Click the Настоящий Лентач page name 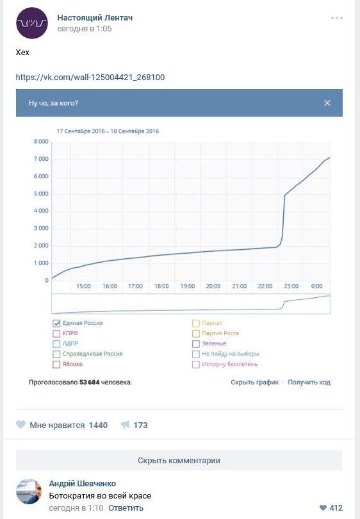pyautogui.click(x=95, y=17)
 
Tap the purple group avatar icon pyautogui.click(x=32, y=23)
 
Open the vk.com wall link pyautogui.click(x=90, y=78)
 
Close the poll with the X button pyautogui.click(x=327, y=103)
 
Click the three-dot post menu pyautogui.click(x=337, y=18)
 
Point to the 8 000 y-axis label pyautogui.click(x=41, y=142)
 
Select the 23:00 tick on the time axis pyautogui.click(x=291, y=286)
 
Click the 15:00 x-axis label pyautogui.click(x=83, y=286)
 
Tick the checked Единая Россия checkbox pyautogui.click(x=56, y=323)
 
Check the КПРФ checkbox pyautogui.click(x=56, y=333)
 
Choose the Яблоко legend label pyautogui.click(x=72, y=364)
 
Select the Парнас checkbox pyautogui.click(x=196, y=323)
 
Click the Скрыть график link pyautogui.click(x=255, y=383)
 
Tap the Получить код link pyautogui.click(x=309, y=383)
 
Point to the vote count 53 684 pyautogui.click(x=89, y=383)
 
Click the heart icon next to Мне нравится pyautogui.click(x=21, y=425)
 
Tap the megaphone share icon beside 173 pyautogui.click(x=125, y=425)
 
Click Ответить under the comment pyautogui.click(x=126, y=507)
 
